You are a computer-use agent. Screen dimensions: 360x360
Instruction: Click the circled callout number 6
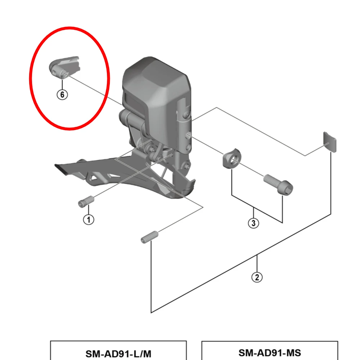(x=62, y=95)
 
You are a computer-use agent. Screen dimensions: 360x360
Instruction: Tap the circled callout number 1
(x=89, y=219)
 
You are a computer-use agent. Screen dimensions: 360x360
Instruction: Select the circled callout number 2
(x=257, y=277)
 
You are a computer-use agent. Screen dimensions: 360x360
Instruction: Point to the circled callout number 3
(x=253, y=223)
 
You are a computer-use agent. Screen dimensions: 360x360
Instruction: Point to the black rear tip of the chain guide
(x=61, y=169)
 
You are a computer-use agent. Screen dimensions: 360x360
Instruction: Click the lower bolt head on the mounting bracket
(x=186, y=166)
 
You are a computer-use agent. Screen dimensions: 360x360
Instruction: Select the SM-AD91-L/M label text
(x=118, y=353)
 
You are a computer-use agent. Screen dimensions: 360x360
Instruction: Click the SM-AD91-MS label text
(x=269, y=352)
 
